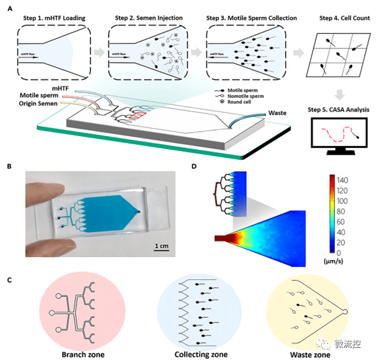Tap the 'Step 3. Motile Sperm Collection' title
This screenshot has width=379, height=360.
coord(248,18)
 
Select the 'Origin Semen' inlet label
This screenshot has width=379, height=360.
coord(40,104)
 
